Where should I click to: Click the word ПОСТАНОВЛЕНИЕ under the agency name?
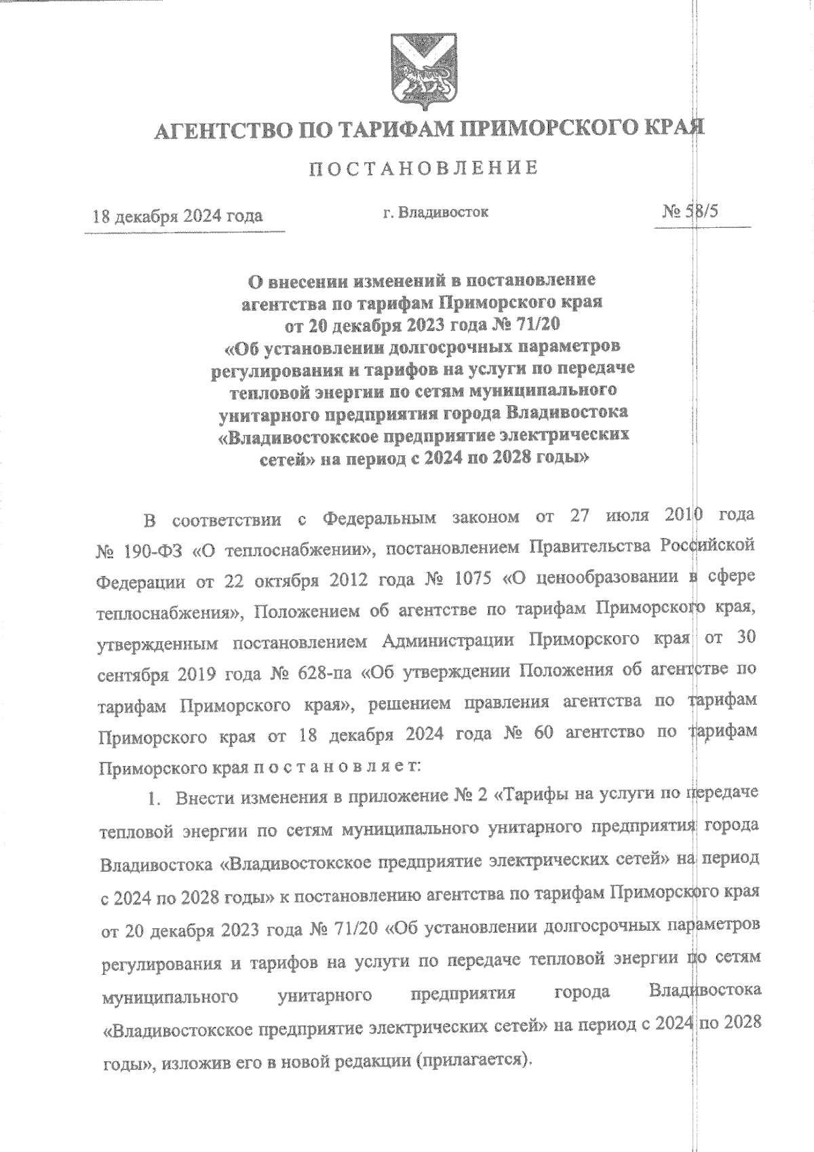(x=424, y=168)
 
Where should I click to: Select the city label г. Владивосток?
(x=435, y=212)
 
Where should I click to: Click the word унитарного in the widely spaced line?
(x=325, y=995)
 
